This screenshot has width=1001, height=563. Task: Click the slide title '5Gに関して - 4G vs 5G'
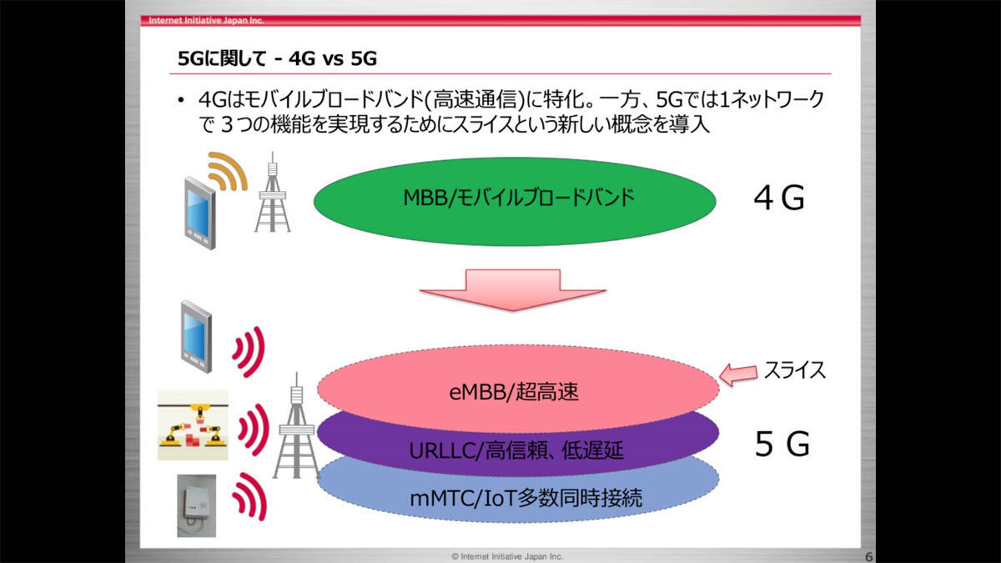click(277, 58)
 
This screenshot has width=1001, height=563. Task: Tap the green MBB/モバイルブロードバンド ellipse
click(515, 201)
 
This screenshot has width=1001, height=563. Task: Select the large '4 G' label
click(779, 198)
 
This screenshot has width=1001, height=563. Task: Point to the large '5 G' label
click(782, 444)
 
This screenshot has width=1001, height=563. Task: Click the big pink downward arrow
click(513, 289)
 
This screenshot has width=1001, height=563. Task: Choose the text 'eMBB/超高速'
click(514, 392)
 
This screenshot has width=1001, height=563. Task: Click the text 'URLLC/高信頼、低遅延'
click(516, 450)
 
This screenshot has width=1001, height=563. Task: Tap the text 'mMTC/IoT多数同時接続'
click(526, 498)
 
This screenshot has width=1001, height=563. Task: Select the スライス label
click(794, 370)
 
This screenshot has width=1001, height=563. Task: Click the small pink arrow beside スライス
click(738, 374)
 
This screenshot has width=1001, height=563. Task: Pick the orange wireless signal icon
click(227, 172)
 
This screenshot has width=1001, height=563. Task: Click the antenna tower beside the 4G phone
click(272, 193)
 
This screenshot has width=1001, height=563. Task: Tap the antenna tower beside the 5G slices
click(296, 426)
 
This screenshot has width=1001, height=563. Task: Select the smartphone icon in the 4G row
click(200, 214)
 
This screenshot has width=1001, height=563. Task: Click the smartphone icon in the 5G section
click(196, 337)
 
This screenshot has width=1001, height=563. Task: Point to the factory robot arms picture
click(193, 425)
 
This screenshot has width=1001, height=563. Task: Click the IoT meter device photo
click(197, 505)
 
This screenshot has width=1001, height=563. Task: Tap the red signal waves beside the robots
click(254, 430)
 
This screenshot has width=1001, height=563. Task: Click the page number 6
click(868, 556)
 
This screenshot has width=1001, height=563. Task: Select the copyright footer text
click(507, 556)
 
